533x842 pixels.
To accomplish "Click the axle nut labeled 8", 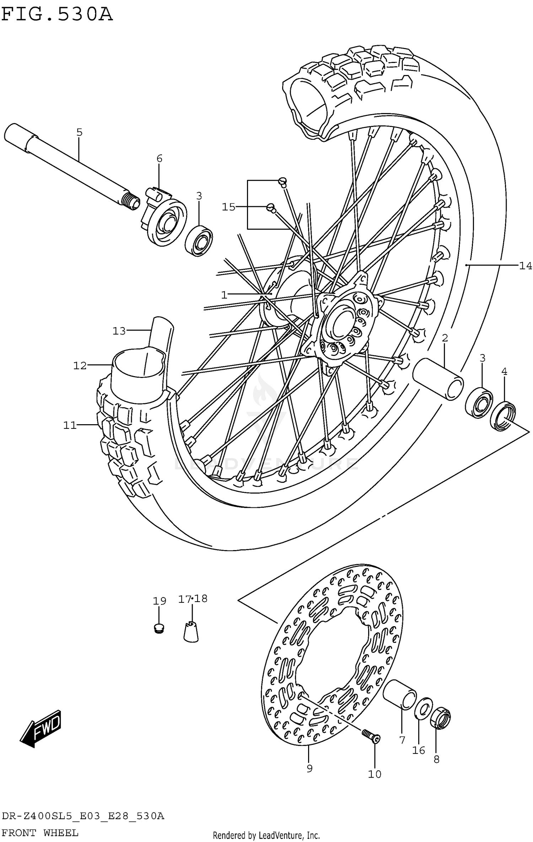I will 440,718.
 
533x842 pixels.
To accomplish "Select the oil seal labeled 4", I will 502,415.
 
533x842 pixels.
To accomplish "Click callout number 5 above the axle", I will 79,133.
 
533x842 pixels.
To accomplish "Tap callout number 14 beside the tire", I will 525,266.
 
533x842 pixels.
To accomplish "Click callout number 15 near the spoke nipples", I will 228,207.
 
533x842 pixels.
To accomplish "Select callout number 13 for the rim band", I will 119,331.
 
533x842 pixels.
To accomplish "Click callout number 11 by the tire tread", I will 70,425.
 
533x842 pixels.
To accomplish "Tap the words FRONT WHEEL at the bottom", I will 40,833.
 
